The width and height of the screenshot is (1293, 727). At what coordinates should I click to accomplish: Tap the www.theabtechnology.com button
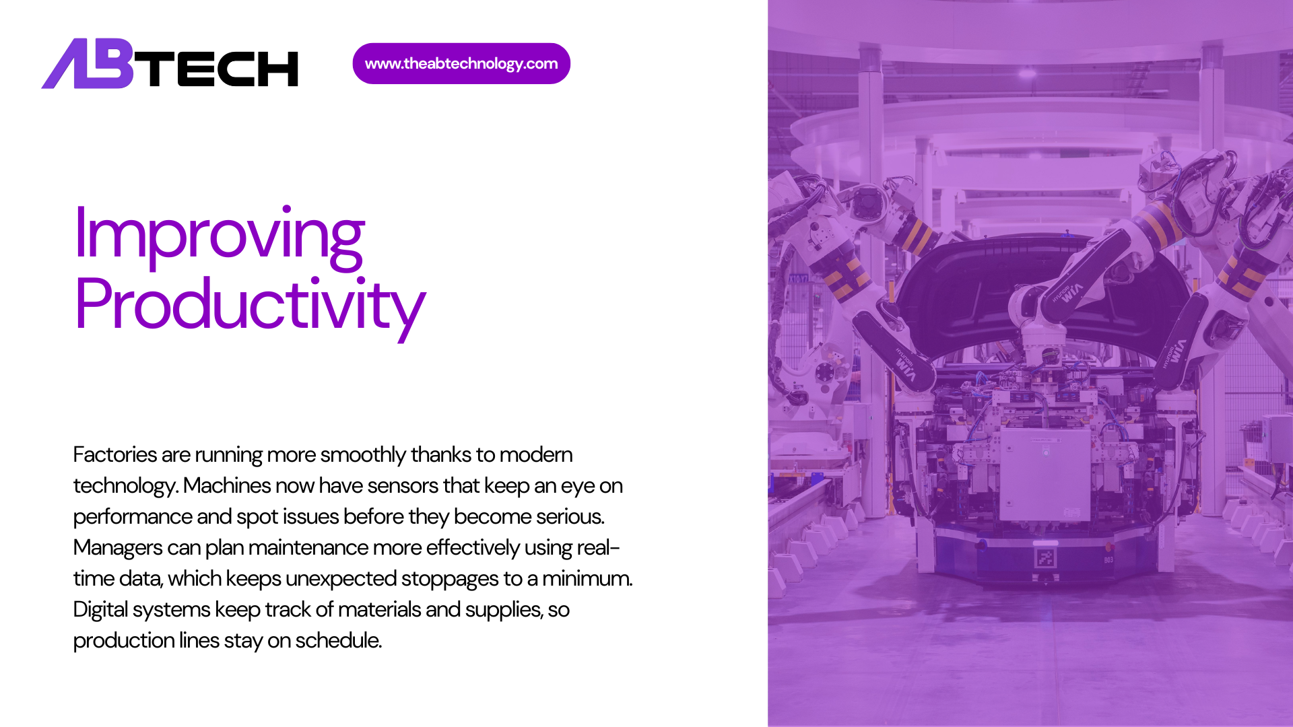pyautogui.click(x=461, y=64)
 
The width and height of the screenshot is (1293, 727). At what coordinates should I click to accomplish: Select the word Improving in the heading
pyautogui.click(x=220, y=235)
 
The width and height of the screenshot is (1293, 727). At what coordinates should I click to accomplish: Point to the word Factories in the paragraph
pyautogui.click(x=114, y=455)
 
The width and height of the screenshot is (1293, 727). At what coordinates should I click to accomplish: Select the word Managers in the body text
pyautogui.click(x=117, y=548)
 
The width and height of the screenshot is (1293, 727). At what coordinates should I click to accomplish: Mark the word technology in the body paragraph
pyautogui.click(x=125, y=487)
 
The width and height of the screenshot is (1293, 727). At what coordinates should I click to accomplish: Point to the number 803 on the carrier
pyautogui.click(x=1108, y=560)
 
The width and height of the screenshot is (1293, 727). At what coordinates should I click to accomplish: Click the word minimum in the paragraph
pyautogui.click(x=587, y=579)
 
